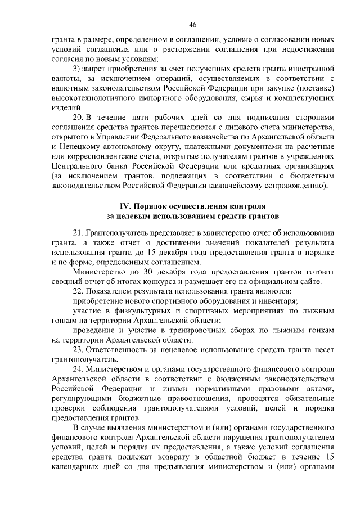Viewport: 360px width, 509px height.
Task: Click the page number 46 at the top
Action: [x=192, y=25]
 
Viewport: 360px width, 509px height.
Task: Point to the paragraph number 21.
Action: [x=79, y=233]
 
